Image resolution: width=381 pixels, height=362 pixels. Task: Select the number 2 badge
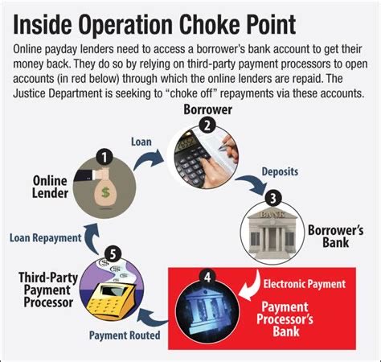tap(208, 125)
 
